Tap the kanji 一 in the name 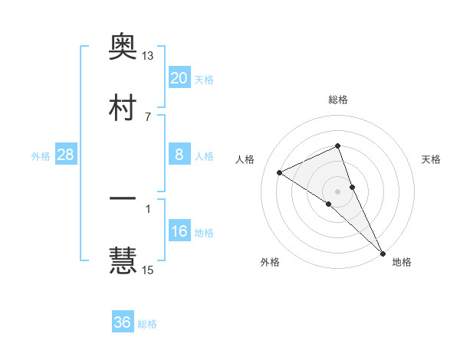(123, 200)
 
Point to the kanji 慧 (123, 260)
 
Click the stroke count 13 (148, 56)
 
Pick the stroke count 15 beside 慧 (148, 270)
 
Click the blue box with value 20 (179, 77)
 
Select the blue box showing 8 (179, 155)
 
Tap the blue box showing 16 (179, 232)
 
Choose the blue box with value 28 (65, 155)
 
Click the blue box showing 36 (123, 322)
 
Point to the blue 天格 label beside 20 (204, 79)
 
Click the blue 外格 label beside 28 (41, 156)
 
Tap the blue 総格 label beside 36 (148, 324)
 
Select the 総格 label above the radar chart (338, 100)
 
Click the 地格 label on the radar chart (402, 262)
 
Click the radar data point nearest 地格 (383, 252)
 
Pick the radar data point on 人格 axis (280, 172)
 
